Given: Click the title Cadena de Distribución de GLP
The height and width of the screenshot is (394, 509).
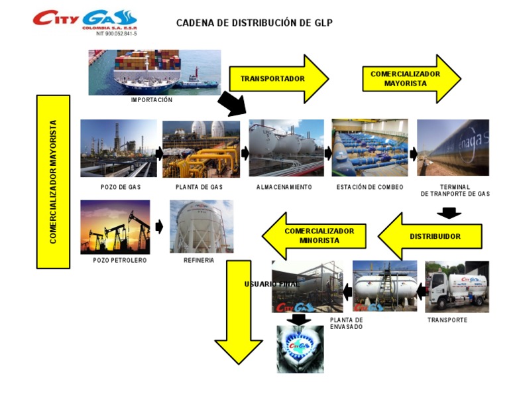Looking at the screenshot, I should pos(254,23).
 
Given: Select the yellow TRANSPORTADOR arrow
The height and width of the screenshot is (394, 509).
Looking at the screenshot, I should pos(278,78).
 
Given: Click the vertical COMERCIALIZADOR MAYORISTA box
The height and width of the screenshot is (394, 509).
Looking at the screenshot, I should pos(53,182).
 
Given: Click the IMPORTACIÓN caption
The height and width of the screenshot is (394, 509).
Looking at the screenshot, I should pos(152,100).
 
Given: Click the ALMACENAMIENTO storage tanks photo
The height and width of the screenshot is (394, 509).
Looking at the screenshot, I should pos(286,148).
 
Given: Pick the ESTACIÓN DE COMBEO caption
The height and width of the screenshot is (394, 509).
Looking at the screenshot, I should pos(368,187).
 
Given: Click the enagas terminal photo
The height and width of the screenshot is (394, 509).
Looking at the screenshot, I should pos(453,147).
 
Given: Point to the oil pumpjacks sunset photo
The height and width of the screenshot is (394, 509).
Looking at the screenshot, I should pos(115,227).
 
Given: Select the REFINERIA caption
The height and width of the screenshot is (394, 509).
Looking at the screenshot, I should pos(199,261).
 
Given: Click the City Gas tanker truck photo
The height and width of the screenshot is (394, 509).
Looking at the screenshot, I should pos(457,287).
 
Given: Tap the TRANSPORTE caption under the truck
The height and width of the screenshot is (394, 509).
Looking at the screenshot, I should pos(447,320).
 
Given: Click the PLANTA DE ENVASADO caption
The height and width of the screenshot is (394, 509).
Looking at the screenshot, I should pos(346,324).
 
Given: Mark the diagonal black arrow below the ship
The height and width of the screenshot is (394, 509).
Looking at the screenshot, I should pos(232,103).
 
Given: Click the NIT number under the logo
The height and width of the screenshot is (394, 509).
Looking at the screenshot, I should pos(117,33).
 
